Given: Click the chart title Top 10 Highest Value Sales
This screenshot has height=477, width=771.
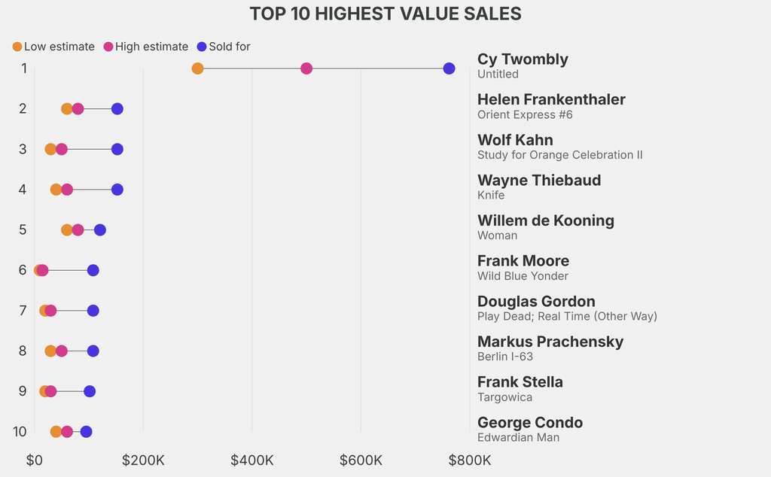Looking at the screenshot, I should [385, 14].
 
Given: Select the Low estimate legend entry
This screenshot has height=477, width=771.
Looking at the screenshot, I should [53, 47].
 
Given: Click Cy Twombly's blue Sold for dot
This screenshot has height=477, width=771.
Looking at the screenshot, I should [449, 68].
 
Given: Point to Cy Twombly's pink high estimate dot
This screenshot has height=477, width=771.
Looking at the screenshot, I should [306, 68].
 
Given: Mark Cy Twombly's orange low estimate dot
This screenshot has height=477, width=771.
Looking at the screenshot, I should [197, 68].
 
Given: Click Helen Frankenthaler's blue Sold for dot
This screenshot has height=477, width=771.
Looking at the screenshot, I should [117, 109].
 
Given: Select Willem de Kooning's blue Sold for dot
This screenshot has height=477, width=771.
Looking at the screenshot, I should [100, 229].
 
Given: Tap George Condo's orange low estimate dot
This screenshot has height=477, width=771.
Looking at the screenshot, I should [56, 431].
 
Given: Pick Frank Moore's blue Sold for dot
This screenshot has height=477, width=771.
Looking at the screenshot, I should [93, 270].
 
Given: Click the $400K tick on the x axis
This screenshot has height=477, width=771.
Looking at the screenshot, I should [252, 460].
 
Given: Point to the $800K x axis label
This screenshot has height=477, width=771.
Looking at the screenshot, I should [470, 460].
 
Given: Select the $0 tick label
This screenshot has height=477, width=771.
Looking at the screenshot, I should [35, 460].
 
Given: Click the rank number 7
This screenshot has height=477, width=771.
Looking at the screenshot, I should [23, 311].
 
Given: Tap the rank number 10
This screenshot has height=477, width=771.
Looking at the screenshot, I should [20, 431].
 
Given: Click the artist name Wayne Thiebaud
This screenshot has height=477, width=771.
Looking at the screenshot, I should [539, 181].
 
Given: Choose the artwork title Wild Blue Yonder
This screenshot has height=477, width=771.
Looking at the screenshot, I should [523, 276].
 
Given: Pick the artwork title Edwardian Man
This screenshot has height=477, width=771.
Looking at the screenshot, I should [518, 437].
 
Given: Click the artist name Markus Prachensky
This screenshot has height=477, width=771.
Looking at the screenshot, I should [550, 342].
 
